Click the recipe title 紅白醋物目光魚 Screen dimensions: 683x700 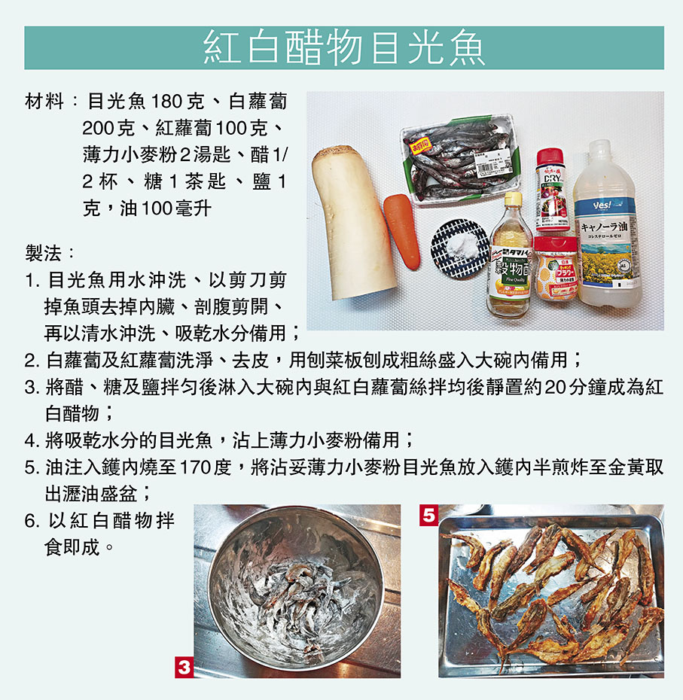344,47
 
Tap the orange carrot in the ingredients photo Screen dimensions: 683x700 402,232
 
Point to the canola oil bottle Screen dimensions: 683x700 606,225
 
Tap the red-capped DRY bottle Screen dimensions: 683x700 552,190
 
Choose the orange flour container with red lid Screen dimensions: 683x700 556,267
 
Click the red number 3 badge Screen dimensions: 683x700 184,668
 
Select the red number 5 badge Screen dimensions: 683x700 428,515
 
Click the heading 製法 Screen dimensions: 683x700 43,254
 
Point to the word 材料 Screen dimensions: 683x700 44,102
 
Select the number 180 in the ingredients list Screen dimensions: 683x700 166,102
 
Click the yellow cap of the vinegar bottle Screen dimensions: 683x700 514,198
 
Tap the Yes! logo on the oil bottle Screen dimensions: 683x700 601,205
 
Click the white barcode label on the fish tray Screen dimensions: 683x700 492,167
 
